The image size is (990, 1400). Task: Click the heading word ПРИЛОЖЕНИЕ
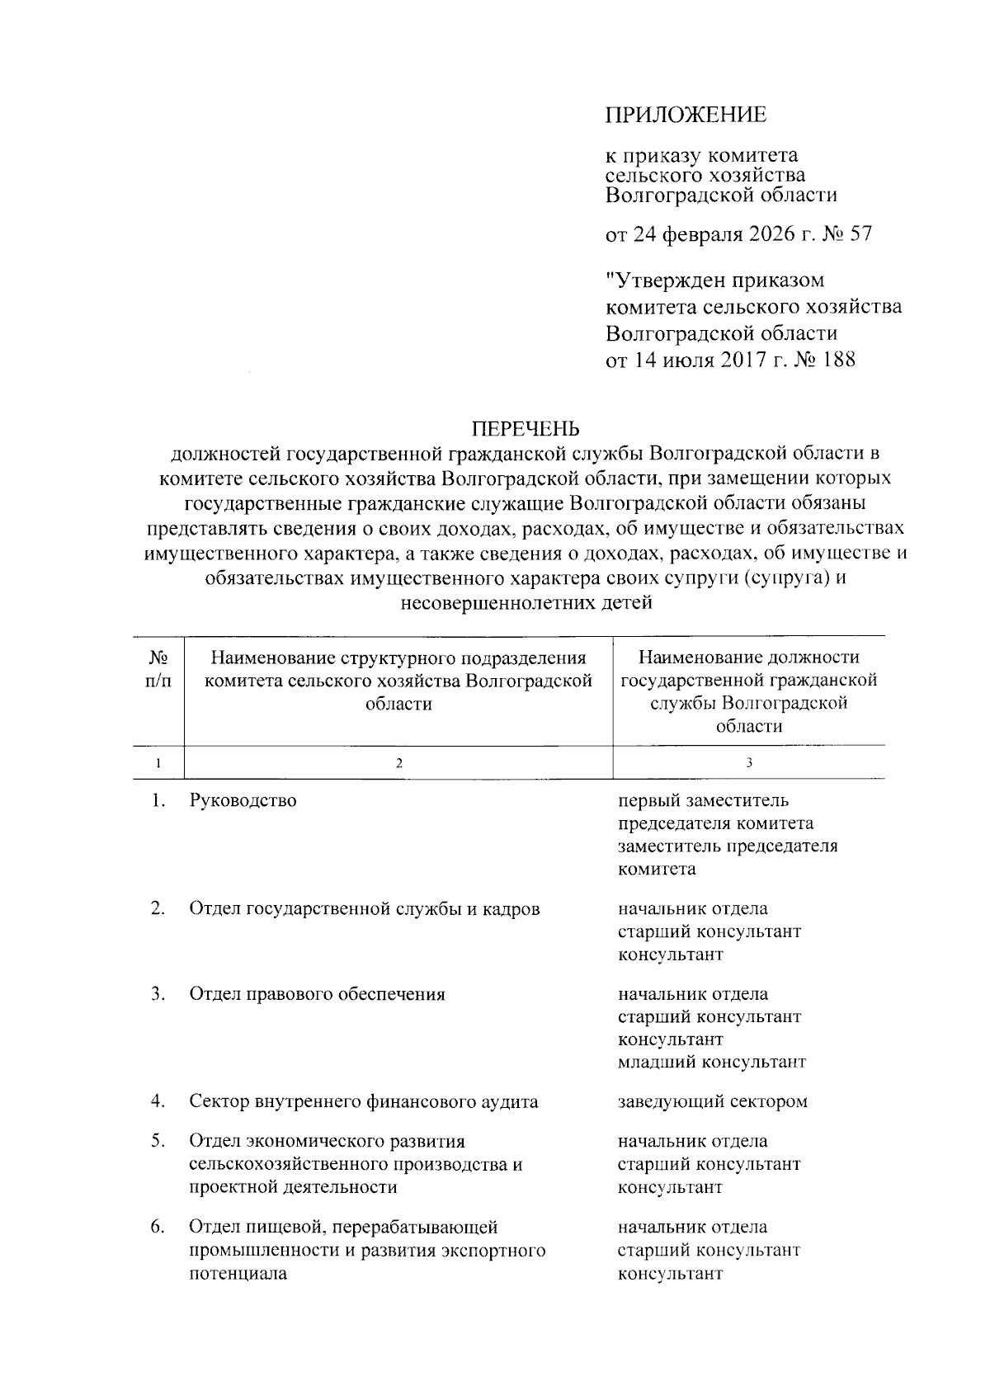(x=686, y=115)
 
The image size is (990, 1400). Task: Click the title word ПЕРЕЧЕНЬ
(x=526, y=428)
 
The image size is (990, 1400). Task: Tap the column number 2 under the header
(x=398, y=763)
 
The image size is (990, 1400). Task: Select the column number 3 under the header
(x=748, y=763)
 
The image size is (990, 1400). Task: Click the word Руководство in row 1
(x=243, y=800)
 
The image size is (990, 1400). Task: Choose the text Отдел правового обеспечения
(x=317, y=994)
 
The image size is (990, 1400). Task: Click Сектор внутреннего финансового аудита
(x=363, y=1101)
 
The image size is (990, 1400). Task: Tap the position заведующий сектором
(x=712, y=1101)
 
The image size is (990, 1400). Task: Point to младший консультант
(x=711, y=1062)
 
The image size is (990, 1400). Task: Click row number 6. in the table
(x=158, y=1227)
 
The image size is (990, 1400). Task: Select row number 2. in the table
(x=158, y=908)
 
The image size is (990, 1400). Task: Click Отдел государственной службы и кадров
(x=364, y=909)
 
